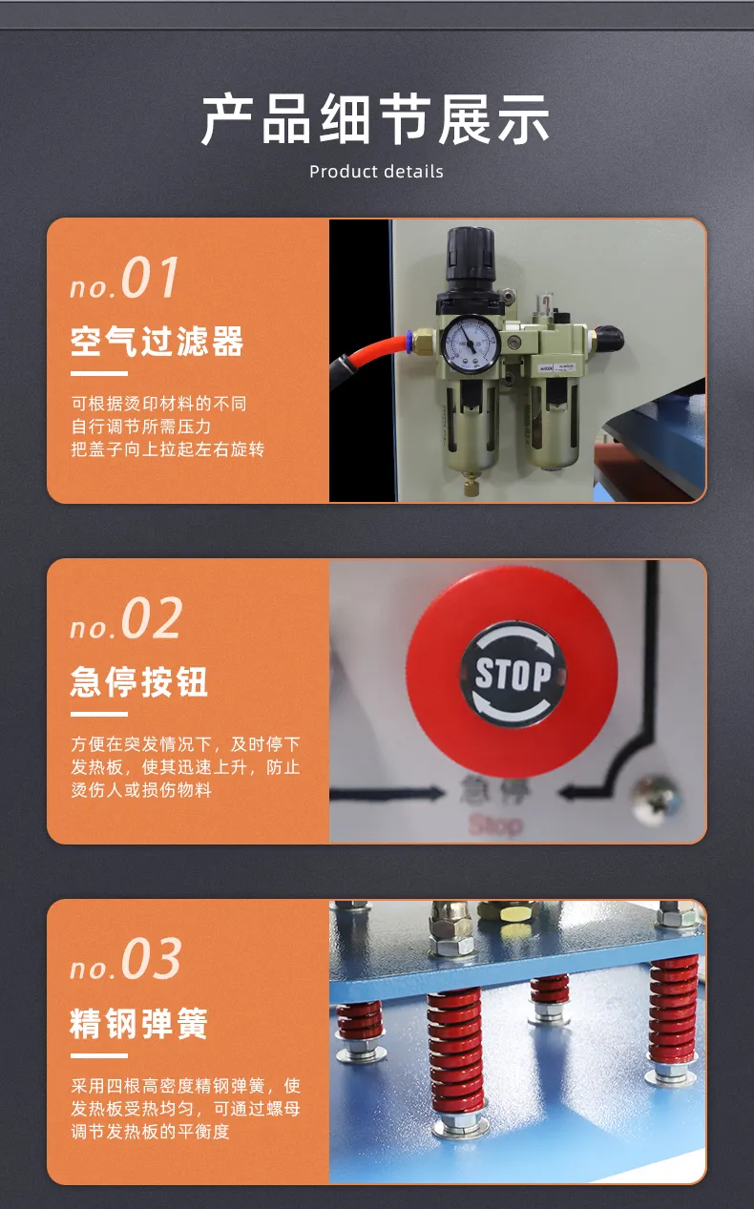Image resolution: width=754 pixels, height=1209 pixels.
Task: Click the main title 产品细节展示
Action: pyautogui.click(x=376, y=119)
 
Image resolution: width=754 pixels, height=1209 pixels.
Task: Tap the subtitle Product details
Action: pyautogui.click(x=376, y=172)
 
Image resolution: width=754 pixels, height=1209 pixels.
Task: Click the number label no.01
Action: pyautogui.click(x=124, y=278)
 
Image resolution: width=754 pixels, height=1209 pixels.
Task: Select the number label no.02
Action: pyautogui.click(x=126, y=618)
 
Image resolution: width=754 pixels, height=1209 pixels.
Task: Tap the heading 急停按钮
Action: pyautogui.click(x=139, y=681)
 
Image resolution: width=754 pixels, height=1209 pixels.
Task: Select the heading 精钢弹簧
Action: pyautogui.click(x=139, y=1023)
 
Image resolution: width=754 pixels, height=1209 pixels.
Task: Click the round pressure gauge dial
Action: pyautogui.click(x=471, y=343)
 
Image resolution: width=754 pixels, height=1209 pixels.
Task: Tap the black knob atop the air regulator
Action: pyautogui.click(x=471, y=255)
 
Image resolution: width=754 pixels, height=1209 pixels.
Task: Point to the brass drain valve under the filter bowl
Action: pyautogui.click(x=471, y=484)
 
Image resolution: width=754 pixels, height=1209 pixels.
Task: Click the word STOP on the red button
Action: pyautogui.click(x=513, y=675)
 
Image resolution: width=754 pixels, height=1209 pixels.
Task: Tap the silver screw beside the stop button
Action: pyautogui.click(x=656, y=800)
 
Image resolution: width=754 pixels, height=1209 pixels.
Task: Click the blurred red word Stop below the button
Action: pyautogui.click(x=495, y=825)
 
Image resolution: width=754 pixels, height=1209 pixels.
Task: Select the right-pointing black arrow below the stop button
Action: pyautogui.click(x=387, y=793)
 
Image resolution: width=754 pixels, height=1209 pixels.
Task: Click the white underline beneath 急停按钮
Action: pyautogui.click(x=99, y=714)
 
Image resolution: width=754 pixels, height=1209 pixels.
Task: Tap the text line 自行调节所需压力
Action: pyautogui.click(x=141, y=427)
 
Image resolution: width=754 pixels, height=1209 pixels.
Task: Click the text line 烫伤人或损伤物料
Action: pyautogui.click(x=141, y=790)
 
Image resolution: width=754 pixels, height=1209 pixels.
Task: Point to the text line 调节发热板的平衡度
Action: pyautogui.click(x=150, y=1132)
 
